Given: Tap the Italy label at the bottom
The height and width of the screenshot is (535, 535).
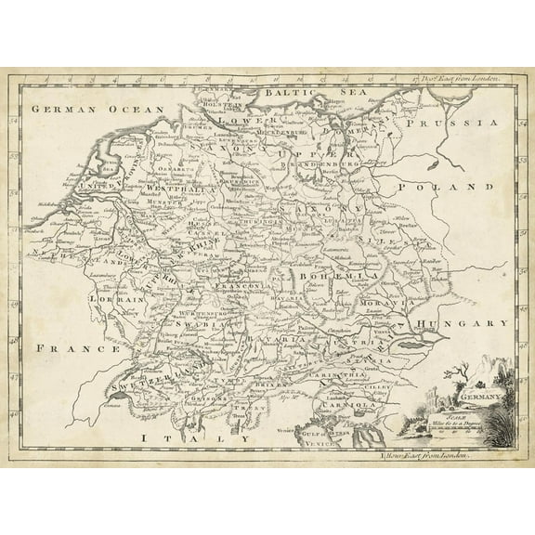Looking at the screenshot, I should pyautogui.click(x=191, y=411).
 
